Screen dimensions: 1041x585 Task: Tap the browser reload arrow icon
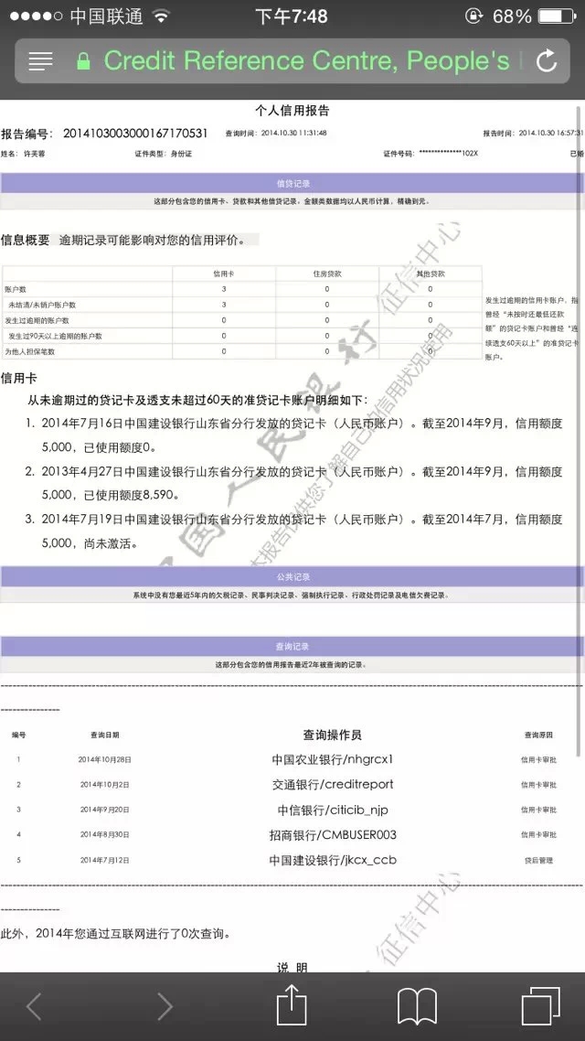tap(547, 61)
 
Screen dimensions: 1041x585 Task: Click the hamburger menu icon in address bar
tap(41, 61)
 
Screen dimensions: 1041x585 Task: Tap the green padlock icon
tap(84, 61)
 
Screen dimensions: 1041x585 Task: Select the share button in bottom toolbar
tap(291, 1005)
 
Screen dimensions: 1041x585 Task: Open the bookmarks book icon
tap(417, 1006)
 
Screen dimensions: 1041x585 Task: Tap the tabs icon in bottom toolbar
tap(540, 1005)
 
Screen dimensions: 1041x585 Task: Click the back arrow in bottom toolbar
tap(34, 1006)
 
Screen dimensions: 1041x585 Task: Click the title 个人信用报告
tap(292, 111)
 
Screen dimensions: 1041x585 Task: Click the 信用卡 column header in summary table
tap(224, 274)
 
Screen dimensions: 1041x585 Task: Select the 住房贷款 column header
tap(327, 274)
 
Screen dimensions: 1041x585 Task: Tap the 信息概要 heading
tap(26, 240)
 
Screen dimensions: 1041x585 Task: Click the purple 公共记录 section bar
tap(292, 577)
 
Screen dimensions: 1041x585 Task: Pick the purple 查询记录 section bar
tap(292, 647)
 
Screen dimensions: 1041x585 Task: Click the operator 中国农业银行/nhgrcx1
tap(333, 759)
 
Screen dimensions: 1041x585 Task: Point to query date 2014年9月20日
tap(104, 810)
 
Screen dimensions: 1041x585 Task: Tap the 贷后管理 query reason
tap(538, 860)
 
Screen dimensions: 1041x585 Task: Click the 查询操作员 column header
tap(333, 735)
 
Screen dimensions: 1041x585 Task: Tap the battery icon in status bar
tap(558, 16)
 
